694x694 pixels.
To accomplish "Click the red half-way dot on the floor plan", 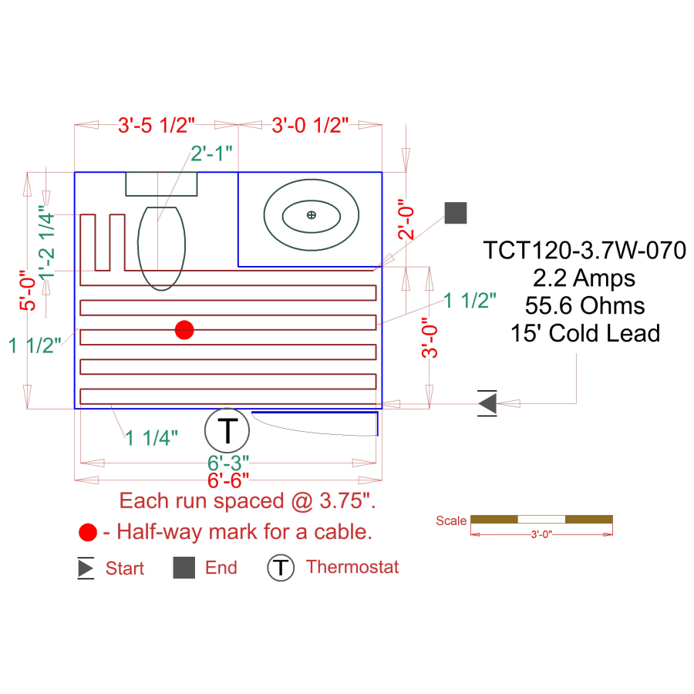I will pos(184,330).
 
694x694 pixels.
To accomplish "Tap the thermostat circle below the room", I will pos(227,430).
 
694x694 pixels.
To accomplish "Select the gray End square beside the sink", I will pos(456,213).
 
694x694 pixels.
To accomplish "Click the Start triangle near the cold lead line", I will pos(487,403).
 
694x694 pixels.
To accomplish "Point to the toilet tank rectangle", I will pos(161,184).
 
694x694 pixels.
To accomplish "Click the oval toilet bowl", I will pos(161,248).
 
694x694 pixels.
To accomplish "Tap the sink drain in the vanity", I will pos(311,214).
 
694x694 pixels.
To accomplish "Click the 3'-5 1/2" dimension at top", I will pos(157,124).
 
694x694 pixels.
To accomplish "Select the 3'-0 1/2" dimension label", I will pos(311,124).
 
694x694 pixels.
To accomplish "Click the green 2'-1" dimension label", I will pos(211,153).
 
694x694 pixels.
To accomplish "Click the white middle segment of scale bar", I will pos(541,519).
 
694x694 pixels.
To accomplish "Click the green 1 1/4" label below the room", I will pos(153,438).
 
